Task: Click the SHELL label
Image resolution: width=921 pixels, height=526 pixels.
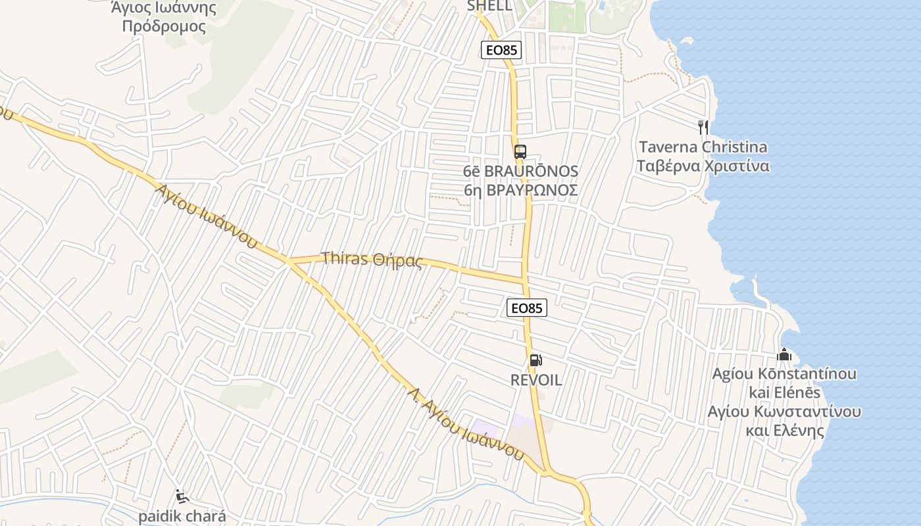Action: coord(489,6)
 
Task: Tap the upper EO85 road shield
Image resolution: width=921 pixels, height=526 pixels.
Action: coord(501,50)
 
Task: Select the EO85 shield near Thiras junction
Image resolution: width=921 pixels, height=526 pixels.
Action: coord(527,307)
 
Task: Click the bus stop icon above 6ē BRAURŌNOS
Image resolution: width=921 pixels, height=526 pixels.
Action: coord(520,152)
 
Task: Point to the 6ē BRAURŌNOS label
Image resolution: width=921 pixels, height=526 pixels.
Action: coord(520,172)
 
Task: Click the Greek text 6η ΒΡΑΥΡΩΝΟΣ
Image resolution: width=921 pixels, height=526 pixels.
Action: coord(520,190)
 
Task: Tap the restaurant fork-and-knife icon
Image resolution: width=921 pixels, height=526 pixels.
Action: coord(703,127)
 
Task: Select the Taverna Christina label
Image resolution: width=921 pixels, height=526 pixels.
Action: coord(703,147)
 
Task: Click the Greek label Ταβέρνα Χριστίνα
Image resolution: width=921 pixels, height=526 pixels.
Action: coord(703,165)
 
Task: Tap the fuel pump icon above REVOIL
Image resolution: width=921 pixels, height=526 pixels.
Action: coord(535,360)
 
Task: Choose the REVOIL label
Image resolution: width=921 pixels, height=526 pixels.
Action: coord(536,380)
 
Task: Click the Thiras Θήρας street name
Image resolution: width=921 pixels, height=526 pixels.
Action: coord(372,259)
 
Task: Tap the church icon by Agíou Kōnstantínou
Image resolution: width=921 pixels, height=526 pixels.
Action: coord(784,355)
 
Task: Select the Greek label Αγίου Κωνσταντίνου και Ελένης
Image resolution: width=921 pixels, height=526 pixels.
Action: coord(784,421)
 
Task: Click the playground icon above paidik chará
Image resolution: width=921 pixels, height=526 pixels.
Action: coord(182,497)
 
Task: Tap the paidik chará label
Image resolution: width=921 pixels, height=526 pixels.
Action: coord(182,516)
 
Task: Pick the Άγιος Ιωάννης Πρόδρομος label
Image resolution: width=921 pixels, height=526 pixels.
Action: coord(164,18)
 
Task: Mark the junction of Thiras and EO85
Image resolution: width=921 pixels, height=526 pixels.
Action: coord(525,281)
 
